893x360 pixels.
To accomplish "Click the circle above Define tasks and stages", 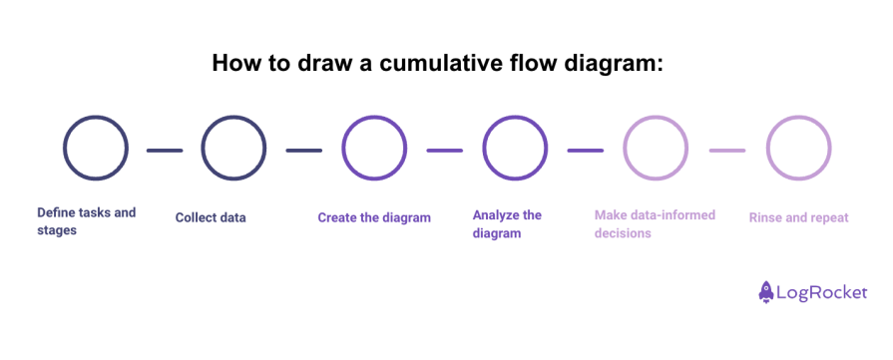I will pyautogui.click(x=96, y=149).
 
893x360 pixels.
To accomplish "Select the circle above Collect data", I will pyautogui.click(x=233, y=149).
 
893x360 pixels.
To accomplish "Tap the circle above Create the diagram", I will pyautogui.click(x=374, y=149).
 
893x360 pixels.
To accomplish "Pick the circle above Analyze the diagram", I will pyautogui.click(x=515, y=149).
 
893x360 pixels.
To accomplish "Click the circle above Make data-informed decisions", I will pyautogui.click(x=656, y=149).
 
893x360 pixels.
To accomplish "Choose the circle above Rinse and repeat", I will pyautogui.click(x=798, y=149).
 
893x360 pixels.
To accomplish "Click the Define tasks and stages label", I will pyautogui.click(x=86, y=221).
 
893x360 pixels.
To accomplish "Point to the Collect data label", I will pyautogui.click(x=211, y=217).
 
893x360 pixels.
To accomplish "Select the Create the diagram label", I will pyautogui.click(x=374, y=217).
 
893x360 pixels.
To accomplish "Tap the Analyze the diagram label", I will pyautogui.click(x=507, y=223).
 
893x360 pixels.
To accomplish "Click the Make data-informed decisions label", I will pyautogui.click(x=655, y=223).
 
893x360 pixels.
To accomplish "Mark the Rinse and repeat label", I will pyautogui.click(x=798, y=217).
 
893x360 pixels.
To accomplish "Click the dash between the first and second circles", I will pyautogui.click(x=165, y=151).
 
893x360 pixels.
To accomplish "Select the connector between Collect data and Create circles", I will pyautogui.click(x=303, y=151).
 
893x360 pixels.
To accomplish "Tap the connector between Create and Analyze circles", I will pyautogui.click(x=445, y=151).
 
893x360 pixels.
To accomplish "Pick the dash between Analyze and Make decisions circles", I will pyautogui.click(x=586, y=151).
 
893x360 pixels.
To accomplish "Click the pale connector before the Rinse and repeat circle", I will pyautogui.click(x=727, y=151).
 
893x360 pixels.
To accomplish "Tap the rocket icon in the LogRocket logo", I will pyautogui.click(x=767, y=292).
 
